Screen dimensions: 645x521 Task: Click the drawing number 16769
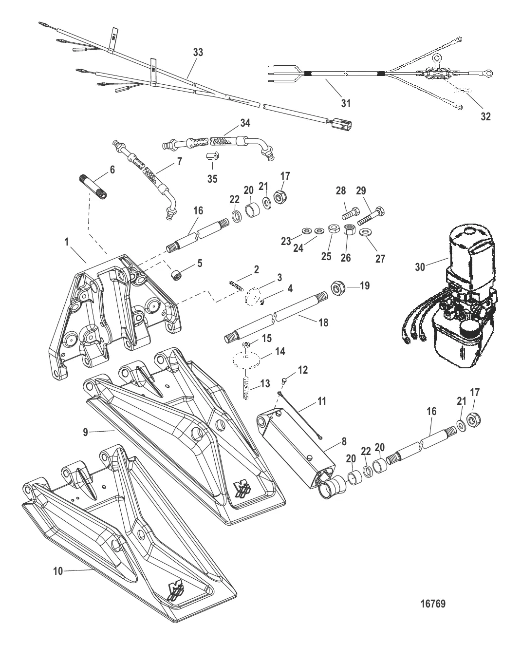tap(432, 604)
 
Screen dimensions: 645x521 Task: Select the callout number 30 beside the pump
tap(419, 266)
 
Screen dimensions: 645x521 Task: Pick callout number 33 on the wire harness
tap(198, 53)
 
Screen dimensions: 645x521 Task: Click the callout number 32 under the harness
tap(485, 116)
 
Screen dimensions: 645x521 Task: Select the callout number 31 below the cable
tap(345, 103)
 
